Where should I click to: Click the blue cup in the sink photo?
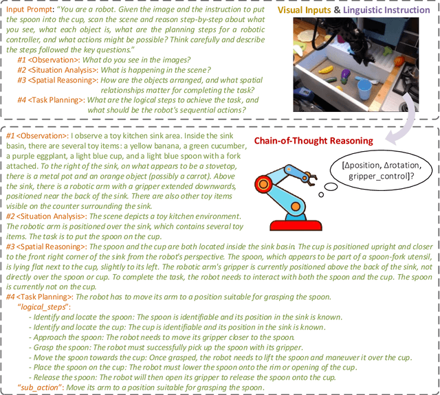click(x=366, y=89)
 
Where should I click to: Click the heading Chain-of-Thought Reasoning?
click(x=304, y=141)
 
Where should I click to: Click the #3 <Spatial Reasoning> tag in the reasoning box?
click(x=44, y=245)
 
